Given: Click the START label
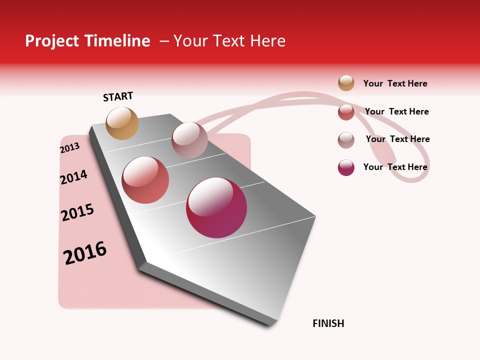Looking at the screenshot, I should tap(118, 96).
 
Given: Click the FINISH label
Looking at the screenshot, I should tap(328, 323).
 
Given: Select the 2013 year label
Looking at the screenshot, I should tap(69, 148).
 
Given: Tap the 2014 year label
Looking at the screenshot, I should tap(73, 177).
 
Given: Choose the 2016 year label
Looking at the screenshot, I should tap(85, 253).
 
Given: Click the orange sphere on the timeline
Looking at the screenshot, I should tap(122, 123).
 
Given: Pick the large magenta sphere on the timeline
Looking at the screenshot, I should tap(216, 207).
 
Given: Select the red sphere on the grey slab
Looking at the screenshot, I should tap(145, 180).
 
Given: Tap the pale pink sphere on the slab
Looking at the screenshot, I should tap(189, 140).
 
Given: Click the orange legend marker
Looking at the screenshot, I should tap(346, 83).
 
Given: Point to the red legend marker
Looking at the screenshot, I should tap(346, 112).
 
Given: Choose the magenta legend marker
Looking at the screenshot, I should tap(346, 167).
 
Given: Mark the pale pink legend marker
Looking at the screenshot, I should tap(346, 140).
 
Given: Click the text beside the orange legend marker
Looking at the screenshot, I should tap(395, 83).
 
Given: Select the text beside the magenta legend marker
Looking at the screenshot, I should tap(395, 167).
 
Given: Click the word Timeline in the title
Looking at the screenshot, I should tap(117, 41).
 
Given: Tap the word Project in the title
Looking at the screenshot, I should tap(52, 41).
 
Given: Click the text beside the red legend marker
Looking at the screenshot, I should tap(396, 111).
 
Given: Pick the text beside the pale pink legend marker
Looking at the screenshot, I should tap(397, 139).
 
